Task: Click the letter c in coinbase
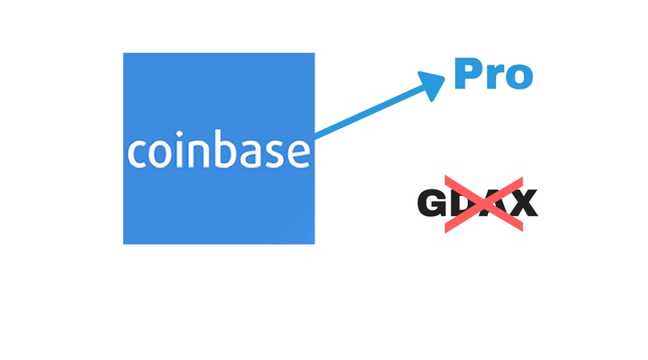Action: tap(136, 154)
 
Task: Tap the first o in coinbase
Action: tap(159, 154)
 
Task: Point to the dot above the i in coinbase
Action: tap(179, 133)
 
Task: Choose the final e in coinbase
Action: tap(298, 154)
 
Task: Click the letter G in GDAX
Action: tap(432, 202)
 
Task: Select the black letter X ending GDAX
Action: tap(523, 202)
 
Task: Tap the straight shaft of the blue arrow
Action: tap(370, 111)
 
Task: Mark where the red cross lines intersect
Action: tap(484, 204)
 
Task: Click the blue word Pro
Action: tap(494, 74)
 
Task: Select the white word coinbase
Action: tap(218, 149)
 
